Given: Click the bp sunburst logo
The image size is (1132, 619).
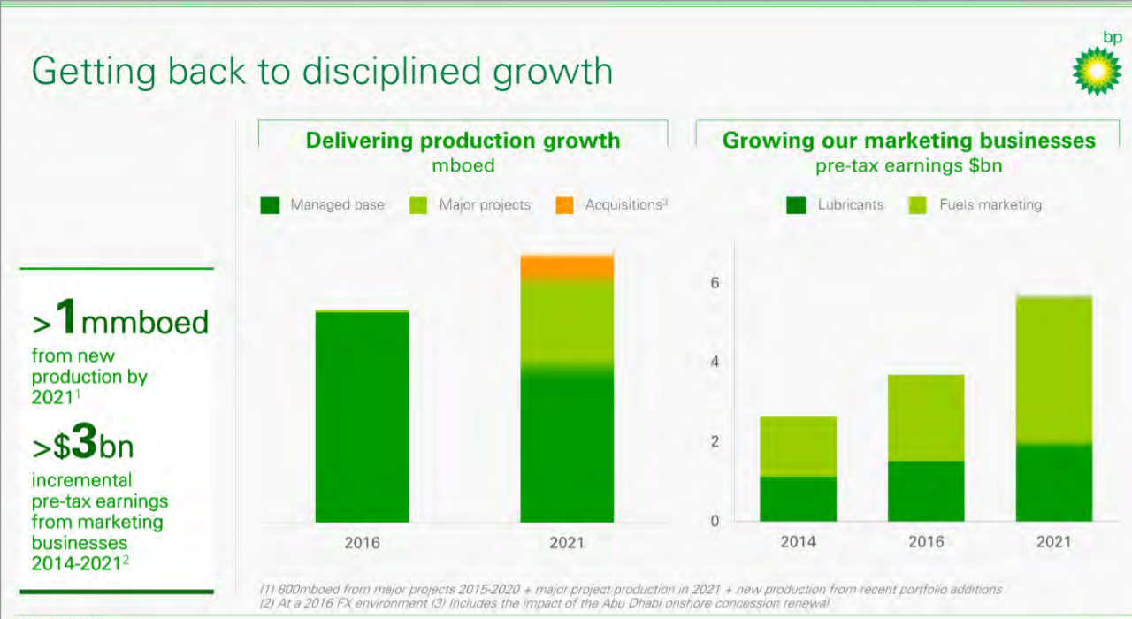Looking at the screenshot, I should (x=1097, y=72).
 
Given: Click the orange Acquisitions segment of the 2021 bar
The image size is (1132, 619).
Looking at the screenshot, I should (x=567, y=268).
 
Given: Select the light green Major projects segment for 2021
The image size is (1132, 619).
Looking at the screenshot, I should (x=567, y=321).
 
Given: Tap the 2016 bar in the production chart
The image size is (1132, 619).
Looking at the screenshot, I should (x=362, y=416).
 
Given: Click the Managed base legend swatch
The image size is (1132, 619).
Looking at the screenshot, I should (x=271, y=205).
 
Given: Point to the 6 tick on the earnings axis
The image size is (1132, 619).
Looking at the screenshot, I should (x=715, y=283).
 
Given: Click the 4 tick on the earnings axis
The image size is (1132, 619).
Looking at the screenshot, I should (x=715, y=363).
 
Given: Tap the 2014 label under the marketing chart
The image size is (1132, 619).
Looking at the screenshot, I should (x=798, y=542).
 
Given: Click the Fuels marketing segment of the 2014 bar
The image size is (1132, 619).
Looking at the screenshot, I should (x=798, y=447).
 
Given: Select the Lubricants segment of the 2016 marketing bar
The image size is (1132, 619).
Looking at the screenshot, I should (x=925, y=491).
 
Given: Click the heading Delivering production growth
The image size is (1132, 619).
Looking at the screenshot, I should (x=463, y=141).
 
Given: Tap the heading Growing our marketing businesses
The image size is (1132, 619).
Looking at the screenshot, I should (x=908, y=141).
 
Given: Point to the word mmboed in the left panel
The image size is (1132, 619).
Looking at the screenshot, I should (x=145, y=322).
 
